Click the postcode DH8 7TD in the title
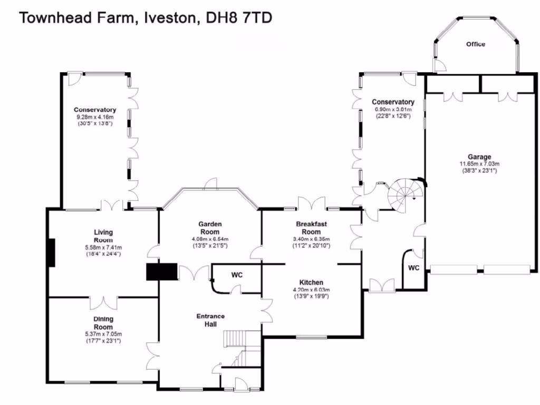[238, 18]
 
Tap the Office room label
[475, 44]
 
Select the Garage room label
[479, 157]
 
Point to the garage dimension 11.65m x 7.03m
[479, 163]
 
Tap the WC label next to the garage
[413, 268]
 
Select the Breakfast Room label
[311, 228]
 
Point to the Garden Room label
[209, 228]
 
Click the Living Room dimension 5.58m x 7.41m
[103, 247]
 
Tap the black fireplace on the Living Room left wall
[51, 253]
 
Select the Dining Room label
[103, 323]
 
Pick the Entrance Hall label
[210, 320]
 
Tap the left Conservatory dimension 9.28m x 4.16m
[95, 117]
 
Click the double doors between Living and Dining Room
[103, 302]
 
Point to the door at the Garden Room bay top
[210, 183]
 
